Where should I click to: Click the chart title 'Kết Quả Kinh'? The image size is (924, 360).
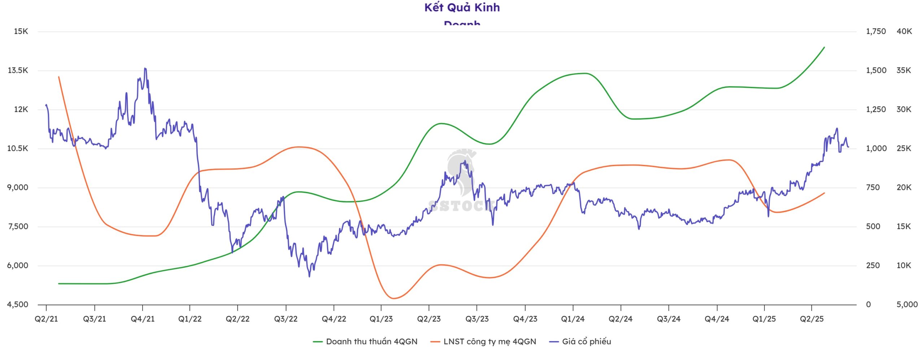point(462,8)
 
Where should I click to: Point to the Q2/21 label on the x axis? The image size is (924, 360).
point(46,319)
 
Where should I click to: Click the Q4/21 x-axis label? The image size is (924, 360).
point(143,319)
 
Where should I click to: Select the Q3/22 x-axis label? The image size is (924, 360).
point(286,319)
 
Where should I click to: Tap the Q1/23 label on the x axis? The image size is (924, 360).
point(381,319)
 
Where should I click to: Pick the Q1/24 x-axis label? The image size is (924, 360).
point(573,319)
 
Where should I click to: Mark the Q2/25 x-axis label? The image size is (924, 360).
point(812,319)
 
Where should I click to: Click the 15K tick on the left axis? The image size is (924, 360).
point(21,31)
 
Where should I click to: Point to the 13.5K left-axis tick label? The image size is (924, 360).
point(18,70)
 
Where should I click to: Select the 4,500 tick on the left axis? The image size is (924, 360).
point(18,304)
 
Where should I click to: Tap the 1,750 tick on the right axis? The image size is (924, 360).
point(876,31)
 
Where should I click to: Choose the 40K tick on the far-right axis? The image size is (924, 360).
point(904,31)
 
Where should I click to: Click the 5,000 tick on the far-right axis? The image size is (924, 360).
point(907,304)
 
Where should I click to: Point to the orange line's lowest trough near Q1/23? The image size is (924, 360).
point(393,298)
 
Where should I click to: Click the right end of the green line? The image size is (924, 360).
point(824,47)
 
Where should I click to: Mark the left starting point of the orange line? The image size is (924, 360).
point(59,77)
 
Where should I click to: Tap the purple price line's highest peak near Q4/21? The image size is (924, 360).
point(145,68)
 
